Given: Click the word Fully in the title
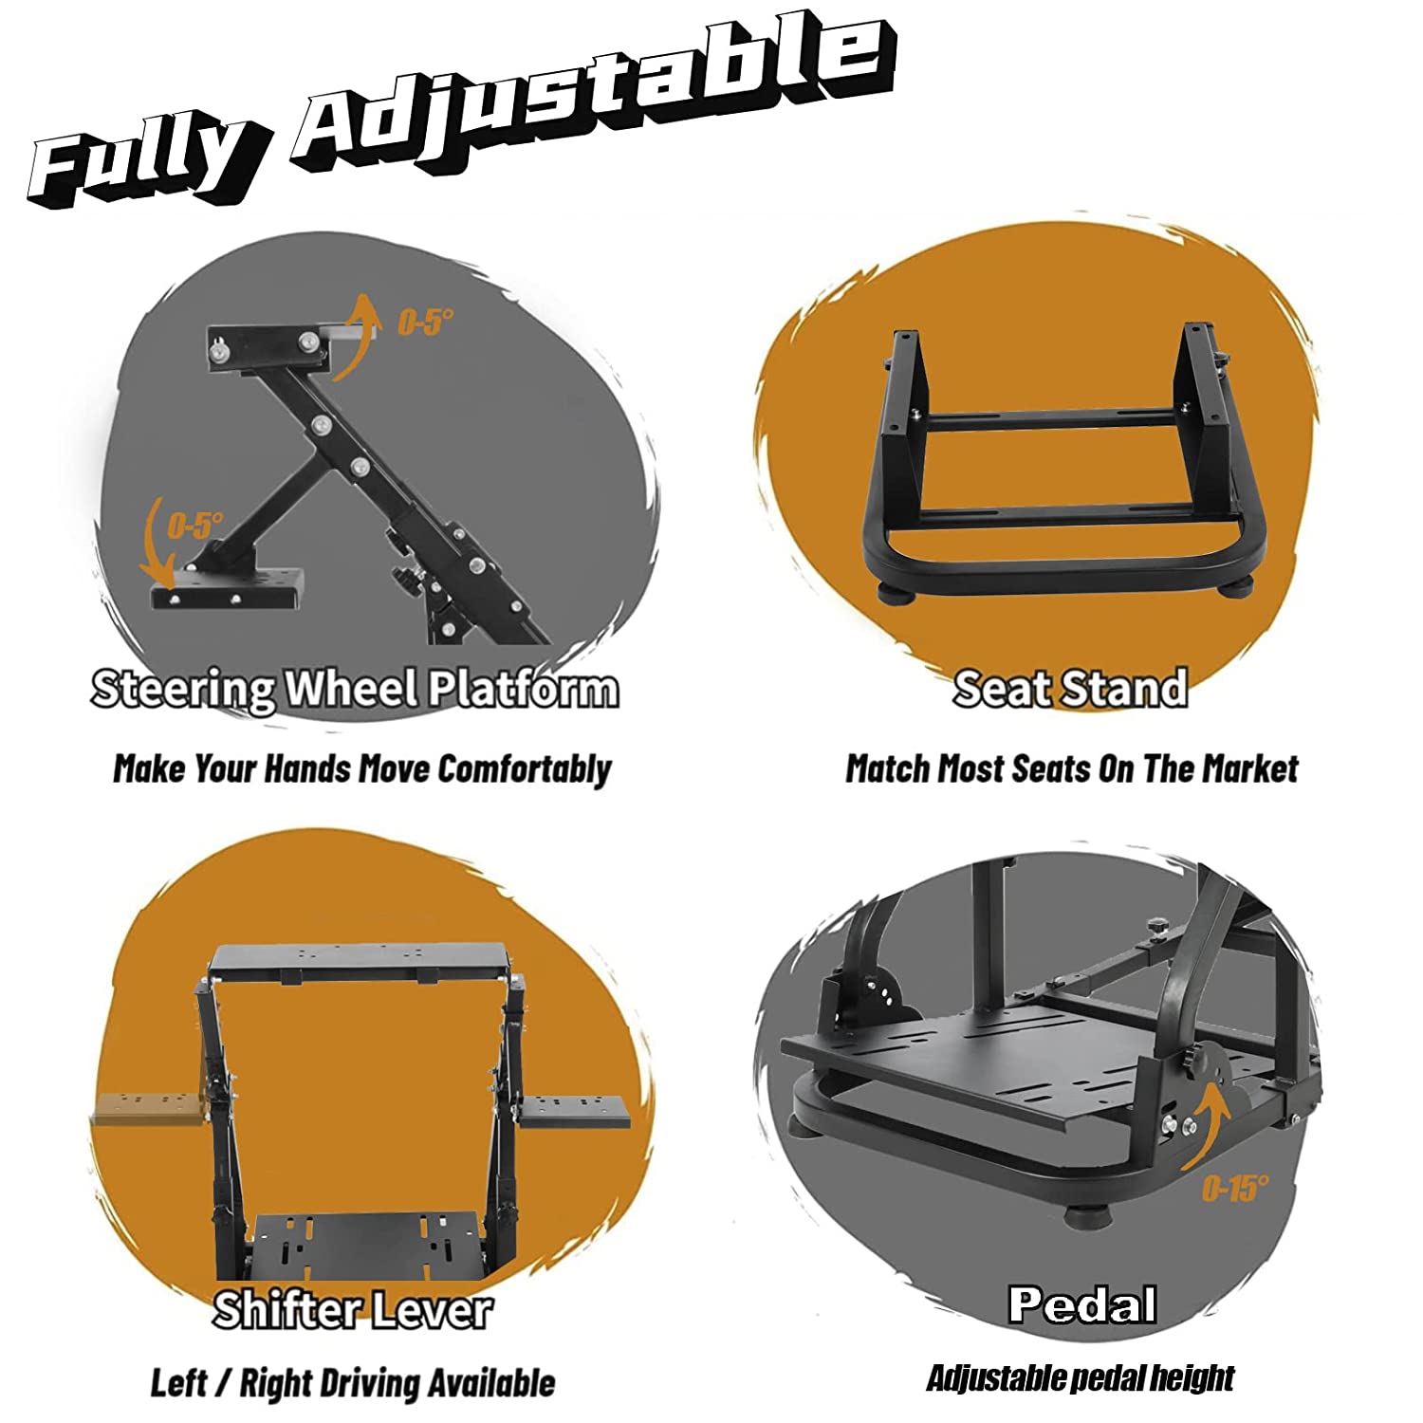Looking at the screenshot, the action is (x=142, y=159).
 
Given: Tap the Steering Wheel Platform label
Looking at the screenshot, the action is (x=355, y=689).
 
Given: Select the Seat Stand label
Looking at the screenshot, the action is (x=1070, y=688).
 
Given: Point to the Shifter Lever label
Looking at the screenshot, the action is (x=352, y=1310).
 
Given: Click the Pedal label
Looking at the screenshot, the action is (x=1082, y=1304).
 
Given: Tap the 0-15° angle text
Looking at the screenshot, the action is (x=1235, y=1188).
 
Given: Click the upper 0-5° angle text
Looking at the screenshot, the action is (x=425, y=323).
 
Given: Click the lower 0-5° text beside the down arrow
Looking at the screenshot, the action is (x=195, y=525).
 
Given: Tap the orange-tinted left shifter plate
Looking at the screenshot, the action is (x=149, y=1109).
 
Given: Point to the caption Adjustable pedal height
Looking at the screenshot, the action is (x=1081, y=1377).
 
